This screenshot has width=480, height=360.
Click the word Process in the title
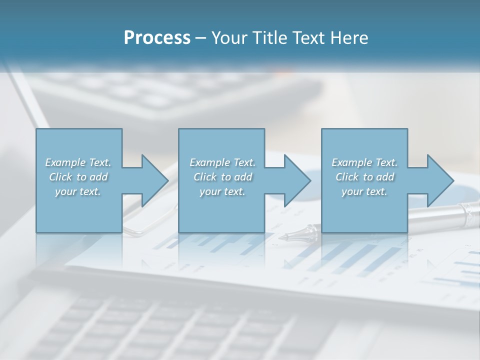point(157,38)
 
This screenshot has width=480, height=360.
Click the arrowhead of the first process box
point(155,180)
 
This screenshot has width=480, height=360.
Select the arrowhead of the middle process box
point(297,180)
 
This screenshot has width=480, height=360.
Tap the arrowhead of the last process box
point(440,180)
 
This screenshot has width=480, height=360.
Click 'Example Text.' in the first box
point(78,162)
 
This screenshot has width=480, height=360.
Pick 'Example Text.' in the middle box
point(222,162)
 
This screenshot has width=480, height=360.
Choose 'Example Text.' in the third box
point(364,162)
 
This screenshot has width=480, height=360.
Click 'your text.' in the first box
point(78,191)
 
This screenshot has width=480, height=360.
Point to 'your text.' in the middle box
point(222,191)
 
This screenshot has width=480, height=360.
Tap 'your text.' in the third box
point(364,191)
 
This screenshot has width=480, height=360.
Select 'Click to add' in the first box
point(78,177)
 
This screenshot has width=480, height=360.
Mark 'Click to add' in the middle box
point(222,177)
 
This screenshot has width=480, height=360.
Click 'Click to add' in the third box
point(365,177)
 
